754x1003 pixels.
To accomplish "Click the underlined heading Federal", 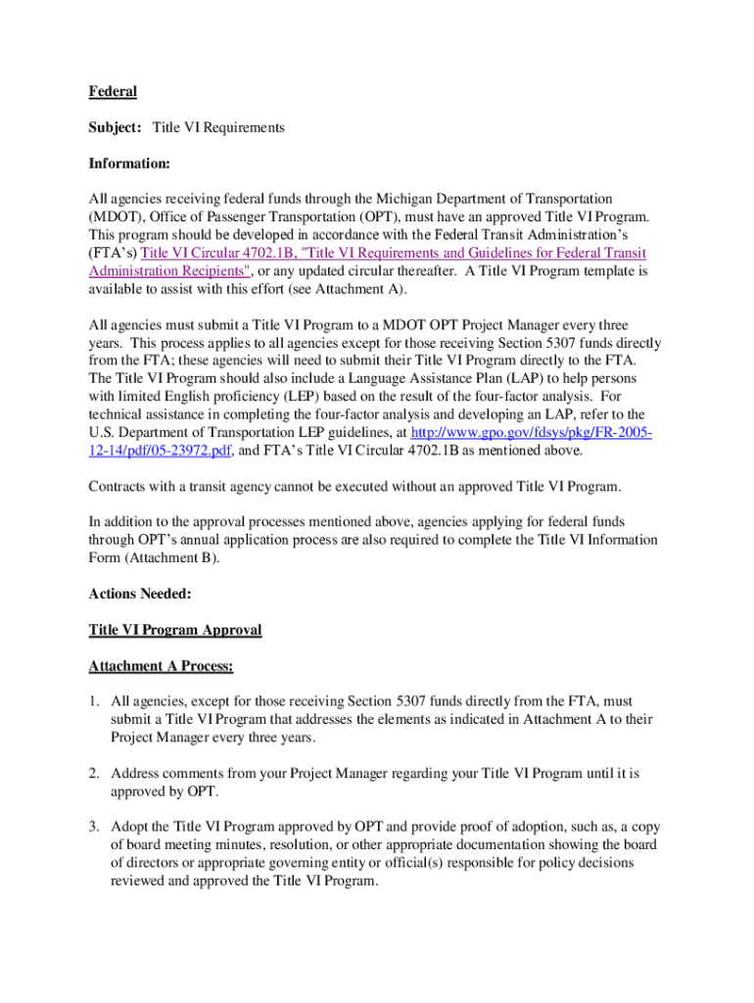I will (x=113, y=92).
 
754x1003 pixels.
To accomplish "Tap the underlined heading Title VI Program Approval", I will (x=175, y=630).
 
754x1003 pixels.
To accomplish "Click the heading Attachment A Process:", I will (x=161, y=666).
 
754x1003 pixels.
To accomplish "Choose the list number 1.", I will (x=94, y=701).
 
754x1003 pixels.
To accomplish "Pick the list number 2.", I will (x=94, y=773).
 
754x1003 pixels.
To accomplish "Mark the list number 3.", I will (x=94, y=827).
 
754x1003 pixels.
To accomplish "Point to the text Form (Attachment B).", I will (x=155, y=558).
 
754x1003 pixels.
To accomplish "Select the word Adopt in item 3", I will (x=129, y=827).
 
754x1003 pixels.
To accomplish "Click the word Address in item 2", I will (x=136, y=773).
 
